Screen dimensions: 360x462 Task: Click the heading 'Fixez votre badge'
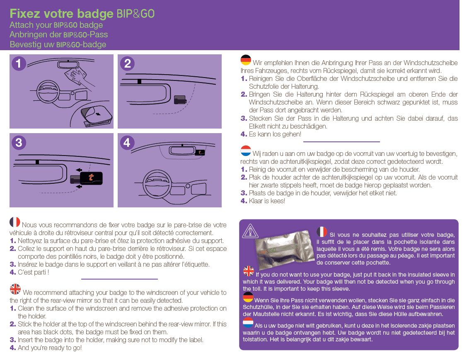(x=61, y=14)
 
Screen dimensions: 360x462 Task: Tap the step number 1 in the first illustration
(x=19, y=63)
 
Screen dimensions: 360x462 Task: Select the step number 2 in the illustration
(x=127, y=63)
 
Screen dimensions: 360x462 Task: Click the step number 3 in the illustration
(x=19, y=143)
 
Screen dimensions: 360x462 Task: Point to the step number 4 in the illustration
(x=127, y=143)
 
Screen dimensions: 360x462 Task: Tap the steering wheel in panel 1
(x=49, y=91)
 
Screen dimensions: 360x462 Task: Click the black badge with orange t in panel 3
(x=92, y=178)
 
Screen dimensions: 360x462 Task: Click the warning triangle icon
(x=250, y=231)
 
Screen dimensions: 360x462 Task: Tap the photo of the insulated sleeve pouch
(x=284, y=248)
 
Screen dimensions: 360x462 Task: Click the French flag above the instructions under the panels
(x=15, y=222)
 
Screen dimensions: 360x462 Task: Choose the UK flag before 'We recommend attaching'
(x=15, y=289)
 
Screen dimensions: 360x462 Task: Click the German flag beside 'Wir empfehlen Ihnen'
(x=246, y=60)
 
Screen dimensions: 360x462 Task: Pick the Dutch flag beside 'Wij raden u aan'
(x=246, y=151)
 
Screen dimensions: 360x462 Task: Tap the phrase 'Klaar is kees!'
(x=267, y=201)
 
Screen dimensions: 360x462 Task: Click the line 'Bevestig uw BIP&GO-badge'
(x=58, y=44)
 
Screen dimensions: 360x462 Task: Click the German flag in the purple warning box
(x=248, y=297)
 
